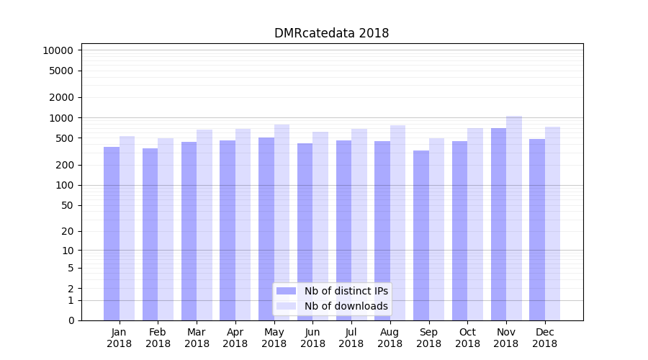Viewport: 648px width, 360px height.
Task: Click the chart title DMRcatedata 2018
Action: click(x=331, y=33)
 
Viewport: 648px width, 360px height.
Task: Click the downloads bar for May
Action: click(x=282, y=222)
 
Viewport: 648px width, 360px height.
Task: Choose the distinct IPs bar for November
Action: click(x=498, y=224)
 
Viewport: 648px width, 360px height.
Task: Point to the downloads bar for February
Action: click(x=166, y=229)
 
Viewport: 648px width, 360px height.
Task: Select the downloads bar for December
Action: click(x=553, y=223)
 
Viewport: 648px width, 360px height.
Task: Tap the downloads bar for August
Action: click(x=398, y=222)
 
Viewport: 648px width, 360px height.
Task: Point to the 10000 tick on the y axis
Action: click(x=58, y=50)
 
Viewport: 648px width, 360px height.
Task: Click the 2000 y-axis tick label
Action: click(x=60, y=97)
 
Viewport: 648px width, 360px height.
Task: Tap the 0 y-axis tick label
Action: click(x=71, y=320)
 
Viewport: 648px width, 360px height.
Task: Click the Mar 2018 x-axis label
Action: click(x=197, y=338)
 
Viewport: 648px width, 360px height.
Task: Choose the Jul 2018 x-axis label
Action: click(x=351, y=338)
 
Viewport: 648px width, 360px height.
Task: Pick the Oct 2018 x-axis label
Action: click(x=467, y=338)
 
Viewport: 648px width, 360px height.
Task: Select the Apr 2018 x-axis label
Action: click(x=235, y=338)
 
